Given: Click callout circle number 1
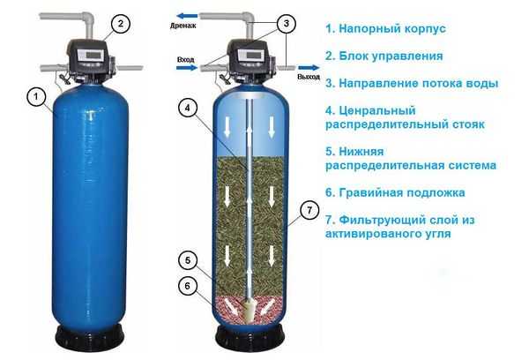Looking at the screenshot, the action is (36, 96).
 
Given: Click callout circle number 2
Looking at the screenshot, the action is (121, 24).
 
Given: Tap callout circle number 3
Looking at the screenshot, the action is (286, 23).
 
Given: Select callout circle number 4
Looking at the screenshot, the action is (187, 108).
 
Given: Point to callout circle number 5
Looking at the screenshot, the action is (188, 260).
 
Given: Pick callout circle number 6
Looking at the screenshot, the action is (188, 286).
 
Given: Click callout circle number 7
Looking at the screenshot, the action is (309, 210).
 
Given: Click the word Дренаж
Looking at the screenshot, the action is (183, 26).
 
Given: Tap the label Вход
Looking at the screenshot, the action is (186, 60).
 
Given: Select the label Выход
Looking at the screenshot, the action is (309, 77).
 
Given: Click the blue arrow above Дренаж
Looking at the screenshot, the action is (187, 16).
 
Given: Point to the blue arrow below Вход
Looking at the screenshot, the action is (187, 68).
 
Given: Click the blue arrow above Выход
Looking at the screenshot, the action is (309, 68).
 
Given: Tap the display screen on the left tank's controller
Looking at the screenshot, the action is (92, 55).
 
